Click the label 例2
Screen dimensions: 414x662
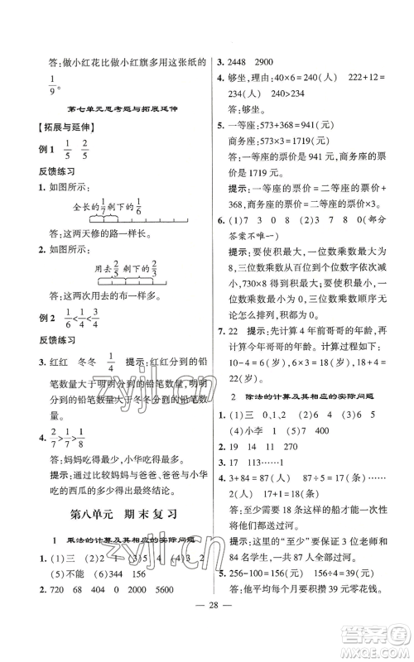tap(35, 326)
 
